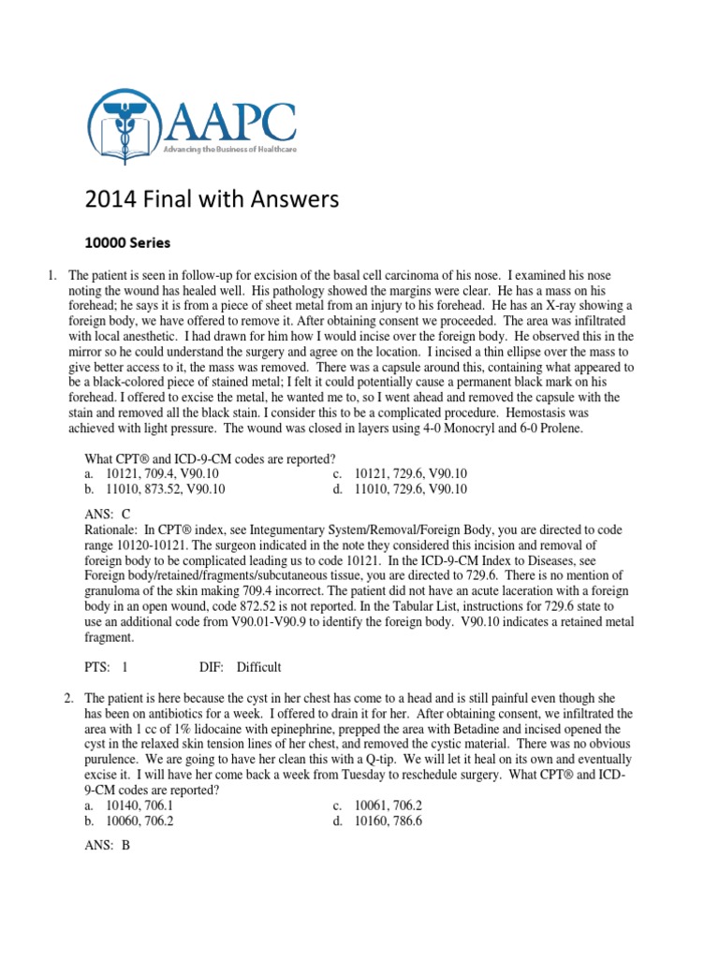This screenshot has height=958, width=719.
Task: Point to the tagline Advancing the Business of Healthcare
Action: tap(229, 151)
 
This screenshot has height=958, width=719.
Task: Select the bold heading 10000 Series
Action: tap(127, 243)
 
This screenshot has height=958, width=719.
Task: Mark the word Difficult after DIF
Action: tap(258, 667)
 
